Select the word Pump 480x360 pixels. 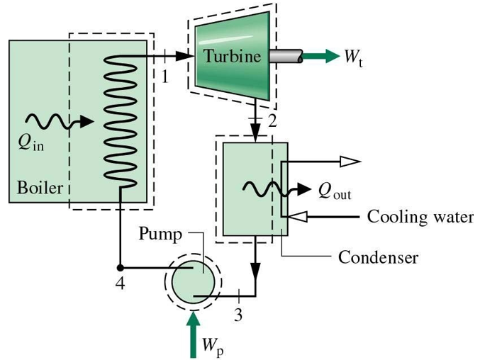click(160, 233)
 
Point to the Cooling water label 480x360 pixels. click(420, 216)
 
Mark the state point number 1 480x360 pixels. click(165, 77)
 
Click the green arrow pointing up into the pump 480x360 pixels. click(192, 333)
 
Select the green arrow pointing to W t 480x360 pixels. click(322, 56)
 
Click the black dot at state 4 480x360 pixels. click(121, 268)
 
